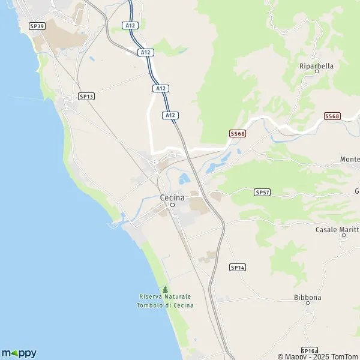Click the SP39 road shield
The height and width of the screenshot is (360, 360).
pyautogui.click(x=37, y=26)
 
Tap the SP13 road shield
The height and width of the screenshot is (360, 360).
pyautogui.click(x=86, y=96)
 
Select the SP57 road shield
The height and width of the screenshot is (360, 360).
pyautogui.click(x=262, y=192)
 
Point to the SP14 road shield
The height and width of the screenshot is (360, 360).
pyautogui.click(x=238, y=267)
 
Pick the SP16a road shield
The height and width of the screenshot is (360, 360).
pyautogui.click(x=309, y=351)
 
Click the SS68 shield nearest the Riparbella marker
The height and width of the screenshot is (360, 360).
pyautogui.click(x=332, y=116)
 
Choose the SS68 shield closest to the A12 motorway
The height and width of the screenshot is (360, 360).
pyautogui.click(x=238, y=134)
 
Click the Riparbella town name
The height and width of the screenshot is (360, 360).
pyautogui.click(x=316, y=65)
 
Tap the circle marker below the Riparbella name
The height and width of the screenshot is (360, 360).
pyautogui.click(x=316, y=72)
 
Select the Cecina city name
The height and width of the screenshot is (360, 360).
pyautogui.click(x=172, y=197)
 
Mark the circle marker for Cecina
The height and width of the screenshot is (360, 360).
pyautogui.click(x=172, y=205)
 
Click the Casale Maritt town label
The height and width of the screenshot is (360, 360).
pyautogui.click(x=337, y=229)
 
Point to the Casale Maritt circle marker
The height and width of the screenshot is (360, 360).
pyautogui.click(x=344, y=236)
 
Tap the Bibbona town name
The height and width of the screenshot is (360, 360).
pyautogui.click(x=308, y=297)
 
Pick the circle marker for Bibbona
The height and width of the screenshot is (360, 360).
pyautogui.click(x=308, y=304)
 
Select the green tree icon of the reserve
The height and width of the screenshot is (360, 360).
pyautogui.click(x=165, y=290)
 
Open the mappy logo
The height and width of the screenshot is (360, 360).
pyautogui.click(x=19, y=353)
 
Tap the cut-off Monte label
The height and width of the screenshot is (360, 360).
pyautogui.click(x=349, y=159)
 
